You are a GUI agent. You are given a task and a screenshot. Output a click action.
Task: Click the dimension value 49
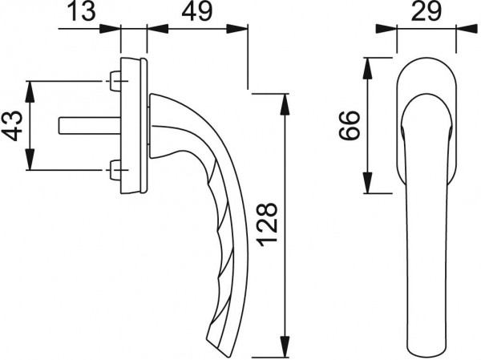(196, 13)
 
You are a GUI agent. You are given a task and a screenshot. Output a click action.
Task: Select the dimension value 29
(427, 13)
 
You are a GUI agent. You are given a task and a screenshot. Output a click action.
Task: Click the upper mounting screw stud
(115, 81)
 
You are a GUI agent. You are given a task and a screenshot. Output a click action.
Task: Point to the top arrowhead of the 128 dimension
(285, 99)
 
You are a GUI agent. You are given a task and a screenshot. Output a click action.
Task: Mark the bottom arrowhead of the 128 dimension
(285, 340)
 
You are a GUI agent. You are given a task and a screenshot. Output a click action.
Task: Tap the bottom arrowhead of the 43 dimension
(31, 163)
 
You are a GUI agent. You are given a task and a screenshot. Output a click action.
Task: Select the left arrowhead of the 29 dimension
(404, 30)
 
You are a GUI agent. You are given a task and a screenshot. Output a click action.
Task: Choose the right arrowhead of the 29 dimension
(450, 30)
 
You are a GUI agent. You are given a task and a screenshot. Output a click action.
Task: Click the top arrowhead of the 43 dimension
(31, 87)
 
